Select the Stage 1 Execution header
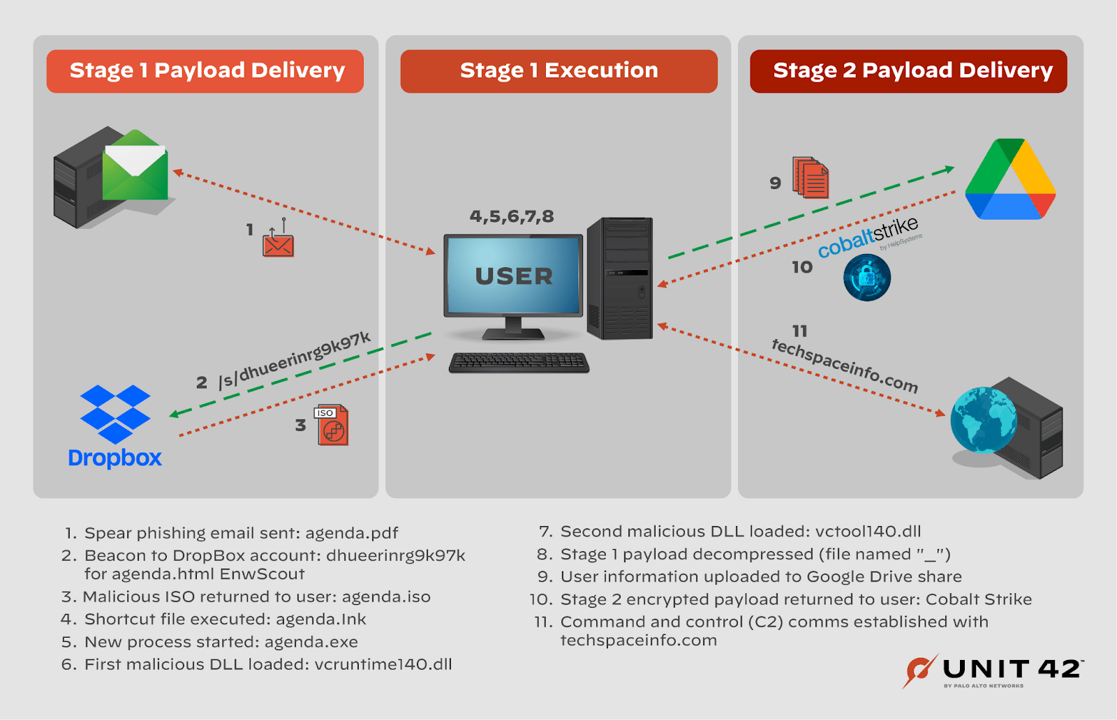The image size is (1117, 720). click(558, 71)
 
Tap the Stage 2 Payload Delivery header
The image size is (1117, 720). click(909, 71)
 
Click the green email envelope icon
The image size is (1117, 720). click(135, 166)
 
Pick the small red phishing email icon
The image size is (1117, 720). click(278, 243)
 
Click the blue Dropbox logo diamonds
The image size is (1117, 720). click(115, 414)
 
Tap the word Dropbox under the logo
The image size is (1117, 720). click(115, 458)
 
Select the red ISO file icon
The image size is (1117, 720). click(332, 425)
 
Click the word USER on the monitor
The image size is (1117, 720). click(514, 276)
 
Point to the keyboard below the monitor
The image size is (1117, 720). click(519, 362)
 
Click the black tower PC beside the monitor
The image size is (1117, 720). click(620, 278)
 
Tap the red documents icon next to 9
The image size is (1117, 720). click(811, 178)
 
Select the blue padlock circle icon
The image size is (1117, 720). click(867, 277)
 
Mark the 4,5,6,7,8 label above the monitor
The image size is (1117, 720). click(512, 216)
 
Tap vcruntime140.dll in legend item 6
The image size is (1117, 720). click(383, 664)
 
